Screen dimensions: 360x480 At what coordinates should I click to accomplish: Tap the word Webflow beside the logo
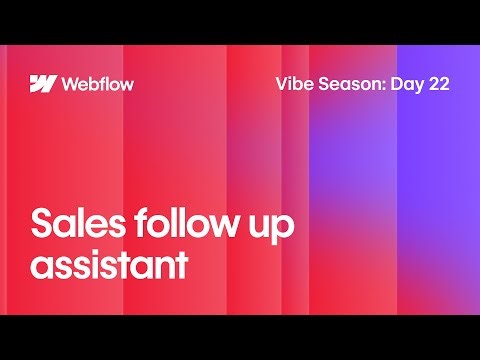coord(97,83)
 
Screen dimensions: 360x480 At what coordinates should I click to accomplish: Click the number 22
coord(438,84)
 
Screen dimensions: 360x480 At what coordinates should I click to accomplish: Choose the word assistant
coord(109,266)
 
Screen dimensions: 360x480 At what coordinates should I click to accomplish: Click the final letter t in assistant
coord(183,266)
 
